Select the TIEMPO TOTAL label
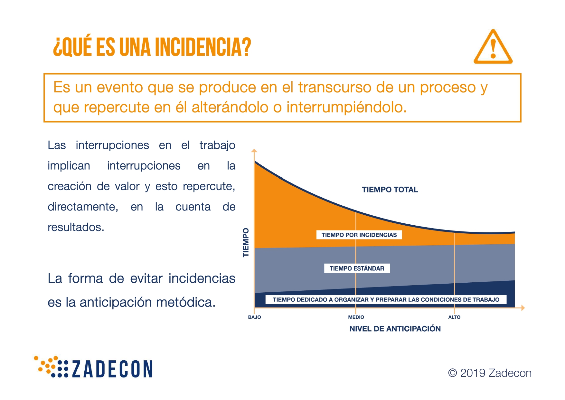(390, 190)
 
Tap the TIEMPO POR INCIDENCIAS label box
(359, 235)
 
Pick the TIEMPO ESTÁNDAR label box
(357, 268)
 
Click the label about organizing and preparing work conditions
(386, 299)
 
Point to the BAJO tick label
(254, 317)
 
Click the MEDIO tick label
(356, 317)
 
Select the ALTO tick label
(454, 317)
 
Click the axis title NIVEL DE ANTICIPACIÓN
(395, 329)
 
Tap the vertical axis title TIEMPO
(246, 242)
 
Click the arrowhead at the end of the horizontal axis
(523, 308)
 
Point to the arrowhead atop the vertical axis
(254, 151)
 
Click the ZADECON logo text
(112, 369)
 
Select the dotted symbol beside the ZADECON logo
(51, 366)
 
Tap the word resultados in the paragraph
(76, 227)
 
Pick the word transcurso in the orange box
(335, 87)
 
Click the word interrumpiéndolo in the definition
(346, 107)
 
